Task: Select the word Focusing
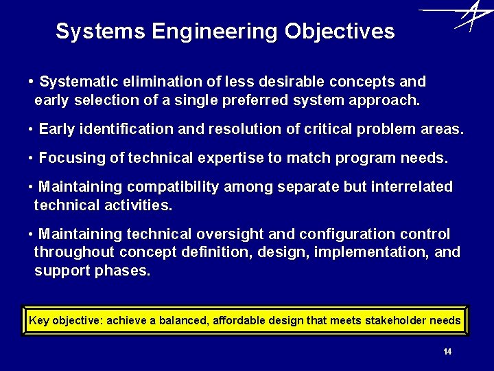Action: click(67, 158)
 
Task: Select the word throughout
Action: click(69, 252)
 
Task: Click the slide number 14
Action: click(447, 352)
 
